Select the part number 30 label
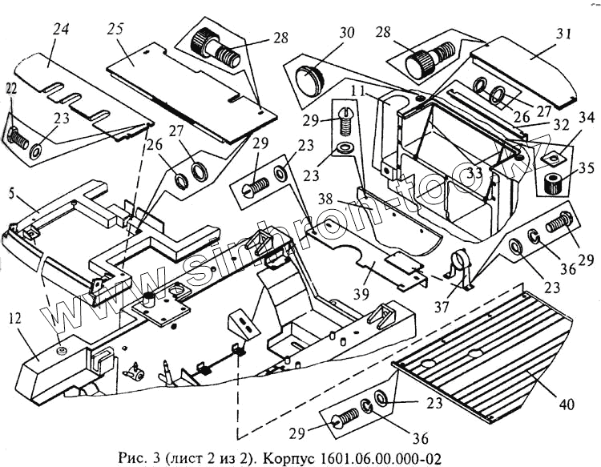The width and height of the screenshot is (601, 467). click(346, 34)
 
